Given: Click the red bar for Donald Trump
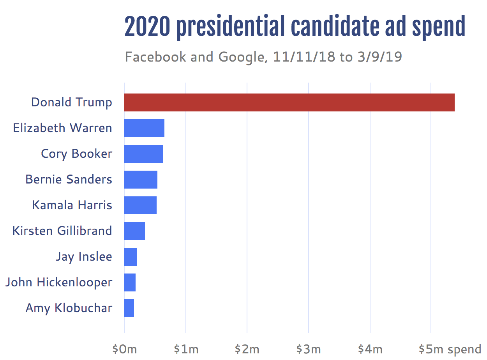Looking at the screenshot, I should (289, 102).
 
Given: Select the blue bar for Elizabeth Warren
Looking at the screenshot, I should (144, 128).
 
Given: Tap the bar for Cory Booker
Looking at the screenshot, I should (143, 154).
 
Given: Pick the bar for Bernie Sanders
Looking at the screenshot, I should (141, 180).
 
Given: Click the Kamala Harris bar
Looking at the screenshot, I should (140, 205).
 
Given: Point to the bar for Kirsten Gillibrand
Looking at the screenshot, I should (134, 231).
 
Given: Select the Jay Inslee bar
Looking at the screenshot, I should (131, 257).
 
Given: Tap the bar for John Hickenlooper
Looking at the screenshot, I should (130, 282).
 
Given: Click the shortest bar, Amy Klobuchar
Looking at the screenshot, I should (129, 308).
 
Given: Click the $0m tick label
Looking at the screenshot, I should (124, 349).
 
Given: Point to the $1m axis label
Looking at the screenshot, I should (186, 349).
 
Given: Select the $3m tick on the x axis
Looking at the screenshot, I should (309, 349).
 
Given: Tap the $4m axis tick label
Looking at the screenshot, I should (370, 349).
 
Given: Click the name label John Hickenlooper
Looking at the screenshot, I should (59, 282).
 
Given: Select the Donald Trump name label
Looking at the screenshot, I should (72, 102).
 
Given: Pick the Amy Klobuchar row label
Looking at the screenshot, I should (69, 308).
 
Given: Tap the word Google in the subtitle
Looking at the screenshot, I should (241, 57).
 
